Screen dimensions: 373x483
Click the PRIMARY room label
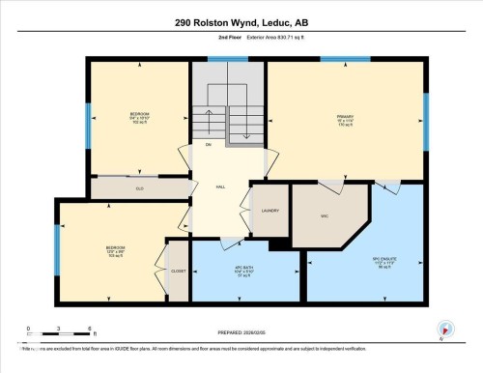(x=346, y=121)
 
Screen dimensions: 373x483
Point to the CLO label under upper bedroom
(x=140, y=188)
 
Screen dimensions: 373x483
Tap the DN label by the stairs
(x=208, y=144)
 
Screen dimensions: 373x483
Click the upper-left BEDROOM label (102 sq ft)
(x=139, y=117)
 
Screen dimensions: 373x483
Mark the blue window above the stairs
(x=228, y=59)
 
